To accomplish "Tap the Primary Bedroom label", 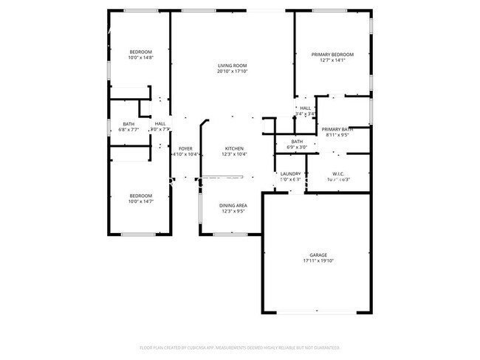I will (332, 55).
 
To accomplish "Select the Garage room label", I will (318, 255).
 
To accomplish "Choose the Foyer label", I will (185, 148).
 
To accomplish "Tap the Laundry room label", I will (290, 173).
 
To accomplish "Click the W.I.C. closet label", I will (338, 173).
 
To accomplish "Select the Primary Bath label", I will (337, 129).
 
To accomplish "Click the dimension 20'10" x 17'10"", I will (233, 72).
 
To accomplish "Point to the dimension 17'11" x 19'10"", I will (318, 260).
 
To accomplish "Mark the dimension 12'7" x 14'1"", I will (332, 60).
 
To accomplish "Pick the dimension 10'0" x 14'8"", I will (140, 58).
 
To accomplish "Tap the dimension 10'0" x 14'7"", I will (140, 201).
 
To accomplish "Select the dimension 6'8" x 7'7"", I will (129, 130).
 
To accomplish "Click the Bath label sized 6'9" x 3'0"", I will (297, 142).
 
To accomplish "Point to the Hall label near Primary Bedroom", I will (306, 108).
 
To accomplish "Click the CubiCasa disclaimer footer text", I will (239, 347).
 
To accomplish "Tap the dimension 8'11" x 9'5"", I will (337, 135).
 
